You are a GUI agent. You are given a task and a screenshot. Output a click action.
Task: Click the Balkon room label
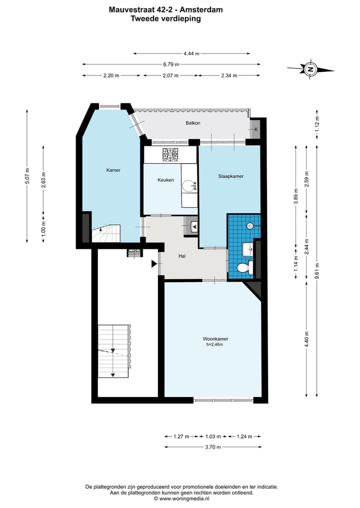pyautogui.click(x=192, y=123)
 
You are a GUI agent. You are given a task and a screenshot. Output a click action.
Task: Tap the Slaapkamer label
pyautogui.click(x=230, y=176)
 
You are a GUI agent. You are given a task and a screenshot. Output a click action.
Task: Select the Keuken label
pyautogui.click(x=165, y=180)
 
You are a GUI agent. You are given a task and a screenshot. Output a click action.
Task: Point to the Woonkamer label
pyautogui.click(x=215, y=339)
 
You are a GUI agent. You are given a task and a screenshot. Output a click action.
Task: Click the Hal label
pyautogui.click(x=182, y=256)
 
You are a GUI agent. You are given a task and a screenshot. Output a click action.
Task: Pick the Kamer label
pyautogui.click(x=113, y=170)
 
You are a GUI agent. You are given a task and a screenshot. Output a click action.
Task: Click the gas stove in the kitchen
pyautogui.click(x=170, y=155)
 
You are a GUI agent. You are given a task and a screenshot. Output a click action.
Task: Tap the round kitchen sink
pyautogui.click(x=187, y=186)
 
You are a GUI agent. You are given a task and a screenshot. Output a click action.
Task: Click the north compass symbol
pyautogui.click(x=310, y=69)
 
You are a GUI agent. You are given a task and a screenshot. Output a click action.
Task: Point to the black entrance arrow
pyautogui.click(x=154, y=264)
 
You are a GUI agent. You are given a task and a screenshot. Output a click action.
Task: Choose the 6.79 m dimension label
pyautogui.click(x=171, y=64)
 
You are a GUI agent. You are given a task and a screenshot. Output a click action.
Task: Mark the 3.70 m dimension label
pyautogui.click(x=213, y=447)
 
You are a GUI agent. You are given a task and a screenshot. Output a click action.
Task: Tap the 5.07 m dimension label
pyautogui.click(x=27, y=176)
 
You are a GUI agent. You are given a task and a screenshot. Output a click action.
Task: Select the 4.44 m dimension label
pyautogui.click(x=191, y=53)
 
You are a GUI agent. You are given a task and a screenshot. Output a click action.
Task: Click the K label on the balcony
pyautogui.click(x=256, y=129)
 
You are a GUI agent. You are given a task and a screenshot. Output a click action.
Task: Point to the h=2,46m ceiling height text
pyautogui.click(x=214, y=344)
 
